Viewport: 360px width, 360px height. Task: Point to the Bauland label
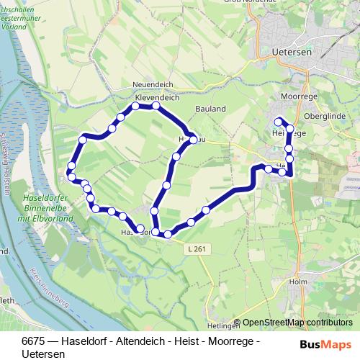210,109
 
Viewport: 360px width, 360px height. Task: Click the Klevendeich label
156,95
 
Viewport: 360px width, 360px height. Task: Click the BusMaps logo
325,343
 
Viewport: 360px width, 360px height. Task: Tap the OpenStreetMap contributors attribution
298,323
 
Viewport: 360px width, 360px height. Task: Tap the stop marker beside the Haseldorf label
140,228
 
